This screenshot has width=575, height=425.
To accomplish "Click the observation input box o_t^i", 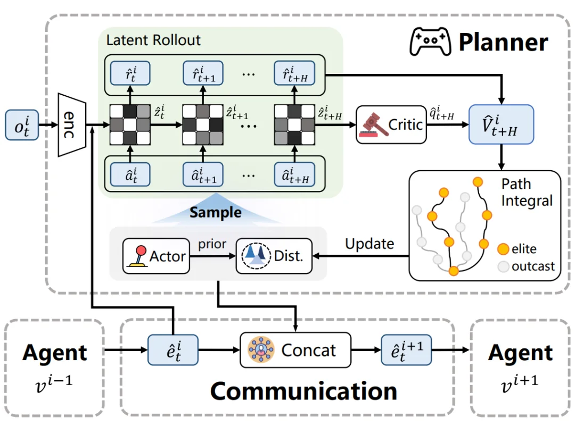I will click(x=22, y=126).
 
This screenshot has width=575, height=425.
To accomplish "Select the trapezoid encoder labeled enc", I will click(x=72, y=125).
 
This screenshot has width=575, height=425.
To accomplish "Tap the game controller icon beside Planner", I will click(x=429, y=41).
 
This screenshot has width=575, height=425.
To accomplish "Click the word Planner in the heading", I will click(x=503, y=42).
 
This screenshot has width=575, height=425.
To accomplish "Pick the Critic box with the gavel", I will click(x=391, y=125).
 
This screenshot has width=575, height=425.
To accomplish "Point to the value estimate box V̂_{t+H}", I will click(x=500, y=124).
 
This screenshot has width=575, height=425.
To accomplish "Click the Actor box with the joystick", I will click(x=156, y=256).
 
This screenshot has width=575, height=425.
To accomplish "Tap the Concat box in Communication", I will click(x=295, y=350).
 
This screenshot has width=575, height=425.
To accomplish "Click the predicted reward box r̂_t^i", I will click(x=130, y=76).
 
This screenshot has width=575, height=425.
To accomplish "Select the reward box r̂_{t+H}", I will click(x=294, y=76).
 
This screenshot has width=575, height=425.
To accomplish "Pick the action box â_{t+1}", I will click(x=203, y=174).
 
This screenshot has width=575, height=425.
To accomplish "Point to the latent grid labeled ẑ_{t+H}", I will click(x=293, y=125).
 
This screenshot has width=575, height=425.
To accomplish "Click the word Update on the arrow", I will click(x=369, y=244).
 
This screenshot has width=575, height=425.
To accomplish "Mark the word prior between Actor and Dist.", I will click(x=212, y=244).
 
